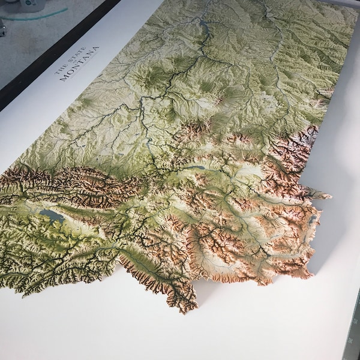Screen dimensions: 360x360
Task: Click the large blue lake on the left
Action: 52,215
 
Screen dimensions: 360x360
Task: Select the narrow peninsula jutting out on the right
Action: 321,196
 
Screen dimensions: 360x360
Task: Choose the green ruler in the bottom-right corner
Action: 351,336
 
